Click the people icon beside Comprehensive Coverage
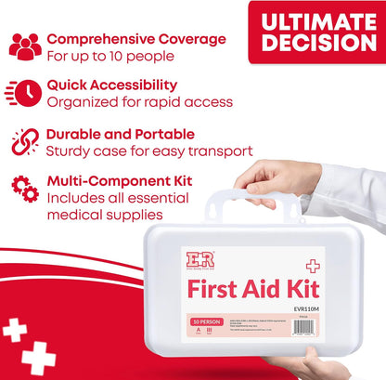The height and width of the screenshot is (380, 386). [25, 46]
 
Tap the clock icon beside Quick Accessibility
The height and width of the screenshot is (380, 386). [25, 94]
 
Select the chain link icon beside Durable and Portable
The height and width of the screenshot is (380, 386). [25, 140]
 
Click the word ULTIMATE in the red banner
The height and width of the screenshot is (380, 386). [316, 22]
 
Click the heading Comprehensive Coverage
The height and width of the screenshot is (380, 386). [135, 39]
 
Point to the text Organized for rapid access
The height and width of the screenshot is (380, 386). [139, 102]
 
